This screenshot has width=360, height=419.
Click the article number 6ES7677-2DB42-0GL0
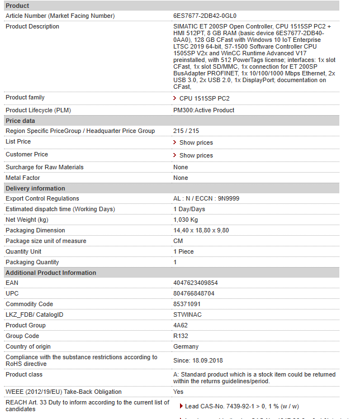[x=205, y=16]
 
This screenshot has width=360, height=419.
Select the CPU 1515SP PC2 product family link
[x=204, y=98]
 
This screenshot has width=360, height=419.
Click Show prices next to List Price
[x=196, y=142]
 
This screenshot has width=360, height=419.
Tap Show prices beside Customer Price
[x=196, y=155]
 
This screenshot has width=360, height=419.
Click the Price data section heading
[x=20, y=121]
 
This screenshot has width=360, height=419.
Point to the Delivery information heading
[x=35, y=188]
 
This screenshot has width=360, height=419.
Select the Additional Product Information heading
[x=51, y=273]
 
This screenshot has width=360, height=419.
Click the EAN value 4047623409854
[x=196, y=283]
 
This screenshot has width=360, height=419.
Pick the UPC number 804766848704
[x=194, y=293]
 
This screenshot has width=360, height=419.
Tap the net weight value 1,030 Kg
[x=185, y=220]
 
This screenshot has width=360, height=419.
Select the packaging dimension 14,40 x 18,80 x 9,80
[x=201, y=230]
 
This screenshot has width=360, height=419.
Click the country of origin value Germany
[x=186, y=346]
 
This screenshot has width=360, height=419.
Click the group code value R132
[x=181, y=336]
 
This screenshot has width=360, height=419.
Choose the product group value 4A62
[x=181, y=325]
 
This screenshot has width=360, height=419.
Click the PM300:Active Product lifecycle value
[x=203, y=110]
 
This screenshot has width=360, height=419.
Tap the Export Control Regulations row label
[x=42, y=198]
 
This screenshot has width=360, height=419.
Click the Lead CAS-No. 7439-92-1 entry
[x=241, y=406]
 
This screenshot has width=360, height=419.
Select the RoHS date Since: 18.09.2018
[x=198, y=361]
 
